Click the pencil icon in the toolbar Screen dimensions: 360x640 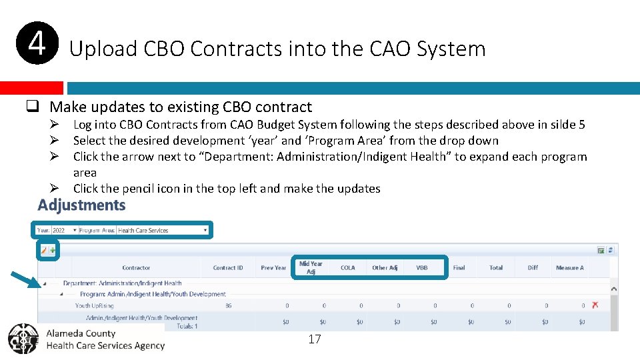(x=44, y=251)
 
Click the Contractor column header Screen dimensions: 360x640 (x=136, y=268)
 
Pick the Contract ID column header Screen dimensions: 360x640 (x=228, y=268)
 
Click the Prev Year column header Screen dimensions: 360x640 (x=273, y=268)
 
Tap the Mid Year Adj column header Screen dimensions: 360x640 (x=311, y=268)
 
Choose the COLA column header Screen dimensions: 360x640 (x=348, y=268)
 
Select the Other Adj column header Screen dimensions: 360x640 (x=385, y=268)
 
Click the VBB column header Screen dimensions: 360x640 (x=422, y=268)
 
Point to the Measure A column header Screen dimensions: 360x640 (x=569, y=268)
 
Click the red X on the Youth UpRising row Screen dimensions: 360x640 (x=595, y=305)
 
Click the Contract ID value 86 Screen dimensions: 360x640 (x=228, y=306)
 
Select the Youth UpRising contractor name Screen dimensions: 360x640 (x=93, y=306)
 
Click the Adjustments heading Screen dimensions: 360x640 (x=81, y=205)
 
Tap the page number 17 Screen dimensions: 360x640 (x=315, y=339)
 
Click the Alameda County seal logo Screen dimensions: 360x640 (x=24, y=339)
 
